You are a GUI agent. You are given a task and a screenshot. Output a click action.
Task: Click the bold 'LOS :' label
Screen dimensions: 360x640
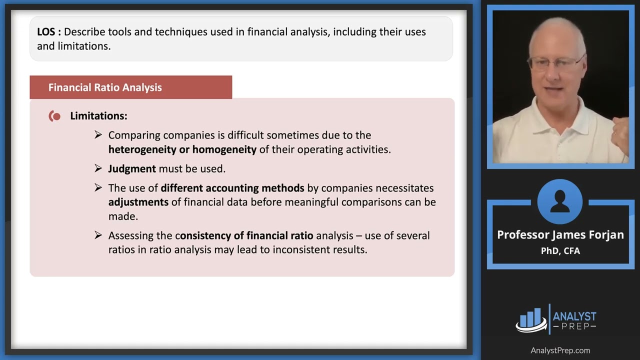(49, 32)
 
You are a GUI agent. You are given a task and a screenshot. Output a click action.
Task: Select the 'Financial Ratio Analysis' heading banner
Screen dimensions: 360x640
(130, 87)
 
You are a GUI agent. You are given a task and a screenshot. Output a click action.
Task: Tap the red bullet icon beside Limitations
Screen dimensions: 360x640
(55, 116)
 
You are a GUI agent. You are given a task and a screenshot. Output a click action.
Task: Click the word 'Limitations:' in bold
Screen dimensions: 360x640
(98, 116)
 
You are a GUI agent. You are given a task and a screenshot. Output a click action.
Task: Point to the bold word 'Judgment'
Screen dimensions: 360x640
(132, 169)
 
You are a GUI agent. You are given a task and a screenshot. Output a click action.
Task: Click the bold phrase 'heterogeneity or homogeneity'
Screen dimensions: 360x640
(182, 149)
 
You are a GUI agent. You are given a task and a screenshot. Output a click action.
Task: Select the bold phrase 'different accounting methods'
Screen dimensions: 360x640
(232, 188)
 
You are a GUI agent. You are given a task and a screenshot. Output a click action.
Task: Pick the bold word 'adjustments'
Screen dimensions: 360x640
(138, 202)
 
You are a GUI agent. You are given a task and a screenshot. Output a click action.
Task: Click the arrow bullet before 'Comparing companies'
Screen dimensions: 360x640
(98, 135)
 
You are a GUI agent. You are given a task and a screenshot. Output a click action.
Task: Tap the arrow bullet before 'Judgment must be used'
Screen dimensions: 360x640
(98, 168)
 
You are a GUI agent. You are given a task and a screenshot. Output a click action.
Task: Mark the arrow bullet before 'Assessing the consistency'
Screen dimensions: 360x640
(98, 235)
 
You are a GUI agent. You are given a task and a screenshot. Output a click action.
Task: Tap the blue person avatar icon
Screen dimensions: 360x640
(560, 201)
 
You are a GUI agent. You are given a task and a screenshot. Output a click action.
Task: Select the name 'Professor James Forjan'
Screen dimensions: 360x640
(560, 235)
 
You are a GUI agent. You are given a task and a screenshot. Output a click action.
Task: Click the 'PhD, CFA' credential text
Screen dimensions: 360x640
(560, 251)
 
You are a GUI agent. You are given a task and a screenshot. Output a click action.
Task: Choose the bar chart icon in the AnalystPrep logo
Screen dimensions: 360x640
(531, 319)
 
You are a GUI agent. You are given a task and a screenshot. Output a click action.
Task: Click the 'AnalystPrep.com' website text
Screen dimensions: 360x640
(560, 350)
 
